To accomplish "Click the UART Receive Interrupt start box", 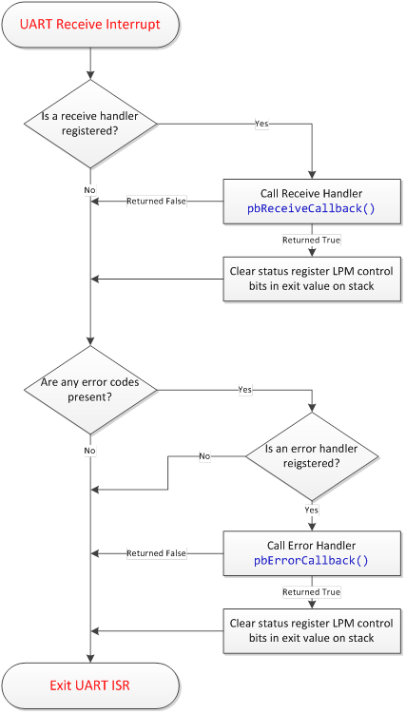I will point(90,23).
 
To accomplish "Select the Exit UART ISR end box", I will point(90,685).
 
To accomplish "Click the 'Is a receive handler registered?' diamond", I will point(90,124).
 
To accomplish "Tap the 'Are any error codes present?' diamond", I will point(90,390).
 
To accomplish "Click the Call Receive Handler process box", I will point(311,201).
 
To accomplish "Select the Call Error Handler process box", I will point(311,553).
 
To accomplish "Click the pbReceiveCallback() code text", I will point(311,208).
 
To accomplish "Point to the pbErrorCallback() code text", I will point(311,561).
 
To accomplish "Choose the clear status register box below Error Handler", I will point(311,630).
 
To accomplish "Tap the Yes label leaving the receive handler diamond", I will point(261,124).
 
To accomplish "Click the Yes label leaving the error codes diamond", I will point(243,390).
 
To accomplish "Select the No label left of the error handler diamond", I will point(203,456).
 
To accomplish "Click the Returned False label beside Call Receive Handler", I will point(157,201).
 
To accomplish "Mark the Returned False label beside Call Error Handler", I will point(157,553).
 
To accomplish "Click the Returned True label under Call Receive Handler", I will point(311,240).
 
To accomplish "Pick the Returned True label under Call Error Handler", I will point(311,592).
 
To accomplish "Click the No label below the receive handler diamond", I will point(90,189).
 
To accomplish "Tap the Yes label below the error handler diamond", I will point(311,511).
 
